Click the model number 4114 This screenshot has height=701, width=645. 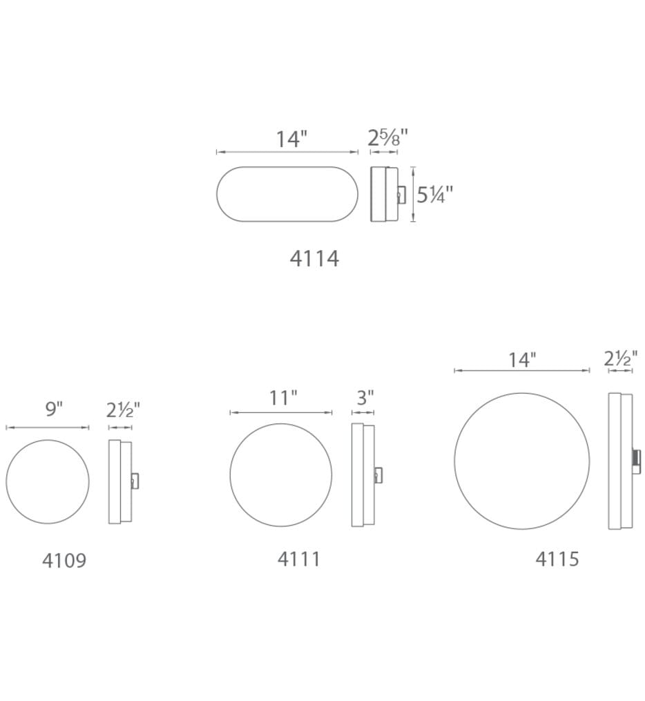pyautogui.click(x=314, y=258)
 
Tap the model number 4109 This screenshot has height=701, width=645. pyautogui.click(x=64, y=560)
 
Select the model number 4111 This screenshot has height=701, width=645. pyautogui.click(x=298, y=559)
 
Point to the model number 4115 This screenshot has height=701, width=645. pyautogui.click(x=557, y=559)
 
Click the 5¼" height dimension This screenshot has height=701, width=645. pyautogui.click(x=434, y=195)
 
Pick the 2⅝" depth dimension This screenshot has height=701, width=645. pyautogui.click(x=387, y=137)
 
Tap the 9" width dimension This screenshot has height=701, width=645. pyautogui.click(x=54, y=409)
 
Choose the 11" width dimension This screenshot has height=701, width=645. pyautogui.click(x=283, y=397)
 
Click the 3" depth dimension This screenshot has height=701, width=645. pyautogui.click(x=365, y=397)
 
